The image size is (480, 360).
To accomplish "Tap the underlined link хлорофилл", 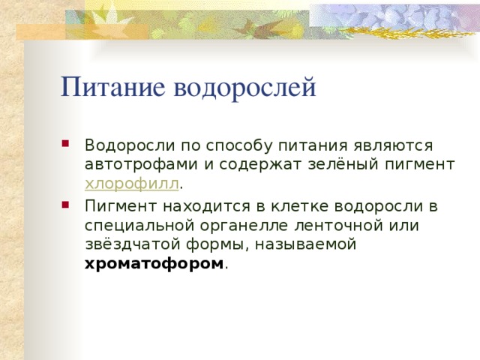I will point(132,184).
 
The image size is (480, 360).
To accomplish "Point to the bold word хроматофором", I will point(154,264).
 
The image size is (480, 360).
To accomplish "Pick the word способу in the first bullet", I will point(230,144).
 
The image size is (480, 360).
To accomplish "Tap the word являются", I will point(377,144).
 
